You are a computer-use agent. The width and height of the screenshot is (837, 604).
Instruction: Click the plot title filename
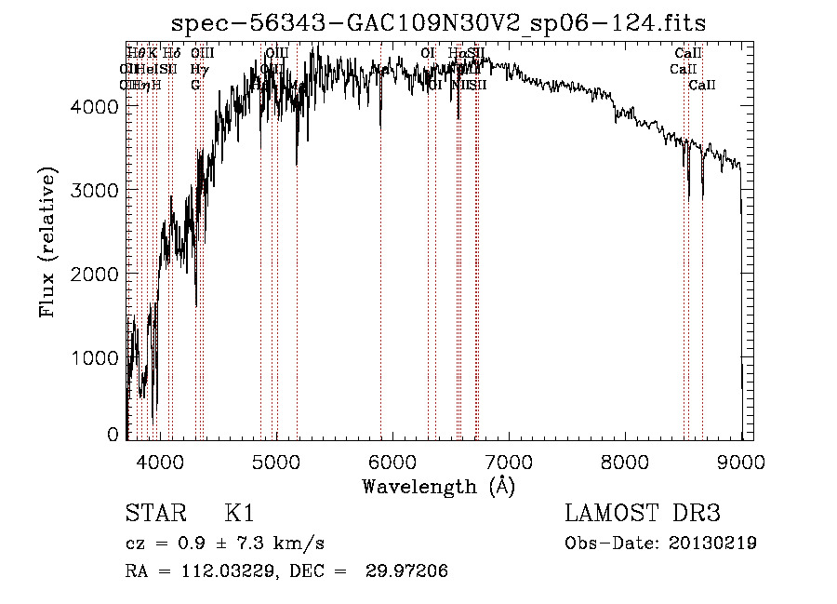pos(440,22)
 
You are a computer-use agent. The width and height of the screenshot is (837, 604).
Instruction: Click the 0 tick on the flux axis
pos(113,434)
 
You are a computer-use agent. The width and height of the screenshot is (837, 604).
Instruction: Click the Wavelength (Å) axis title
pos(438,486)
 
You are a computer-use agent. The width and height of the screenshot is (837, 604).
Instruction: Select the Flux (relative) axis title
pos(47,243)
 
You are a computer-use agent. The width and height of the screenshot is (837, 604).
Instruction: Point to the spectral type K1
pos(239,514)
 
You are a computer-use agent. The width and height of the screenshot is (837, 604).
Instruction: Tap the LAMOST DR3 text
pos(643,514)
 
